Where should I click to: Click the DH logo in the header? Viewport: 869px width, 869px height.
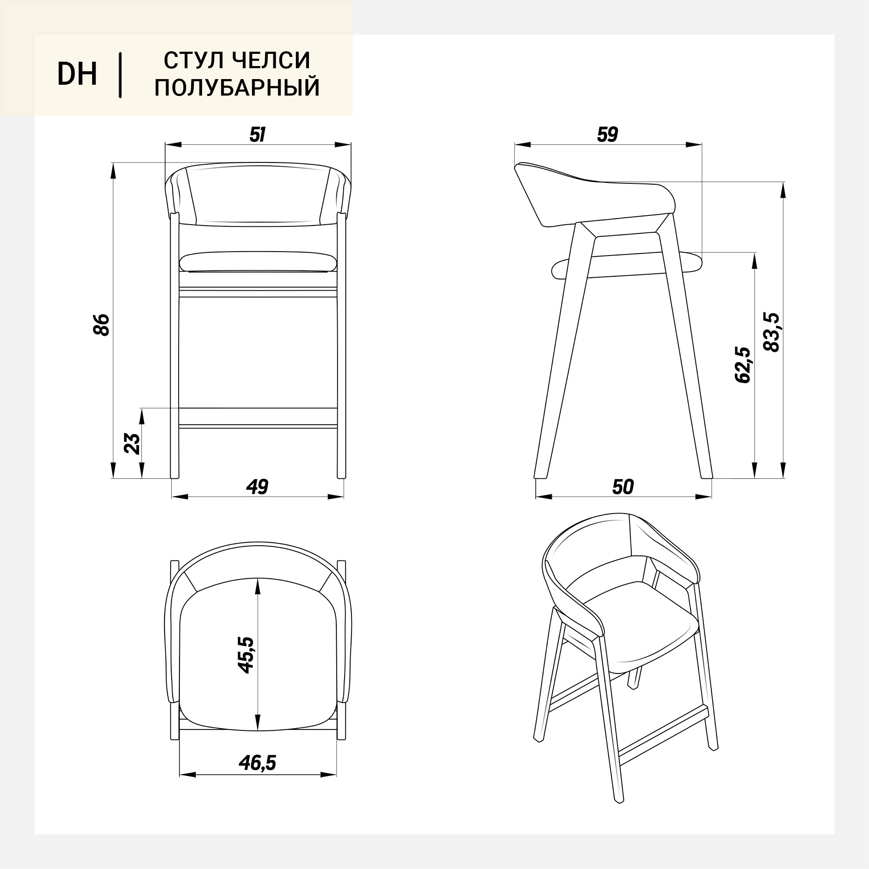click(77, 74)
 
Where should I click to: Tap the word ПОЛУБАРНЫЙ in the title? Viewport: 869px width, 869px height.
click(237, 87)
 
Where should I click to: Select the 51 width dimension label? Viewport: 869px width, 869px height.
click(258, 135)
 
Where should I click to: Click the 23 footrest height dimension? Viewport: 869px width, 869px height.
click(132, 444)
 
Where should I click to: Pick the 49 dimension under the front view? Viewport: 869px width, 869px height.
click(258, 486)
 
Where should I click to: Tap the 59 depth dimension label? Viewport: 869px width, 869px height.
click(608, 135)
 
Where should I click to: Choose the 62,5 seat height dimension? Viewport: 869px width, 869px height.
click(743, 365)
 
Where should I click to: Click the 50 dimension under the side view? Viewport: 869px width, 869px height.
click(623, 486)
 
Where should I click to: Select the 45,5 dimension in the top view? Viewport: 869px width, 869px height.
click(246, 655)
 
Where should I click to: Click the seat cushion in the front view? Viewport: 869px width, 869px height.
click(258, 262)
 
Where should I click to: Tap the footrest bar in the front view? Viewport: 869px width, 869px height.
click(258, 418)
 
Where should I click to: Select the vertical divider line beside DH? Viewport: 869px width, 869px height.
click(120, 75)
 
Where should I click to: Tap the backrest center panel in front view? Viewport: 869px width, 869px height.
click(258, 196)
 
